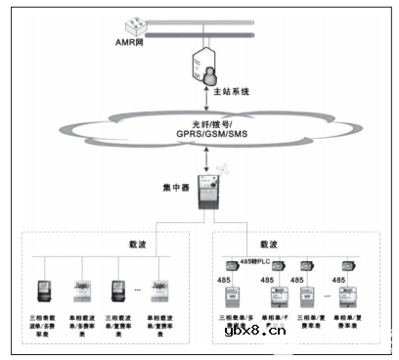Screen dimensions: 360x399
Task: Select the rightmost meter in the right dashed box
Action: pyautogui.click(x=343, y=296)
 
